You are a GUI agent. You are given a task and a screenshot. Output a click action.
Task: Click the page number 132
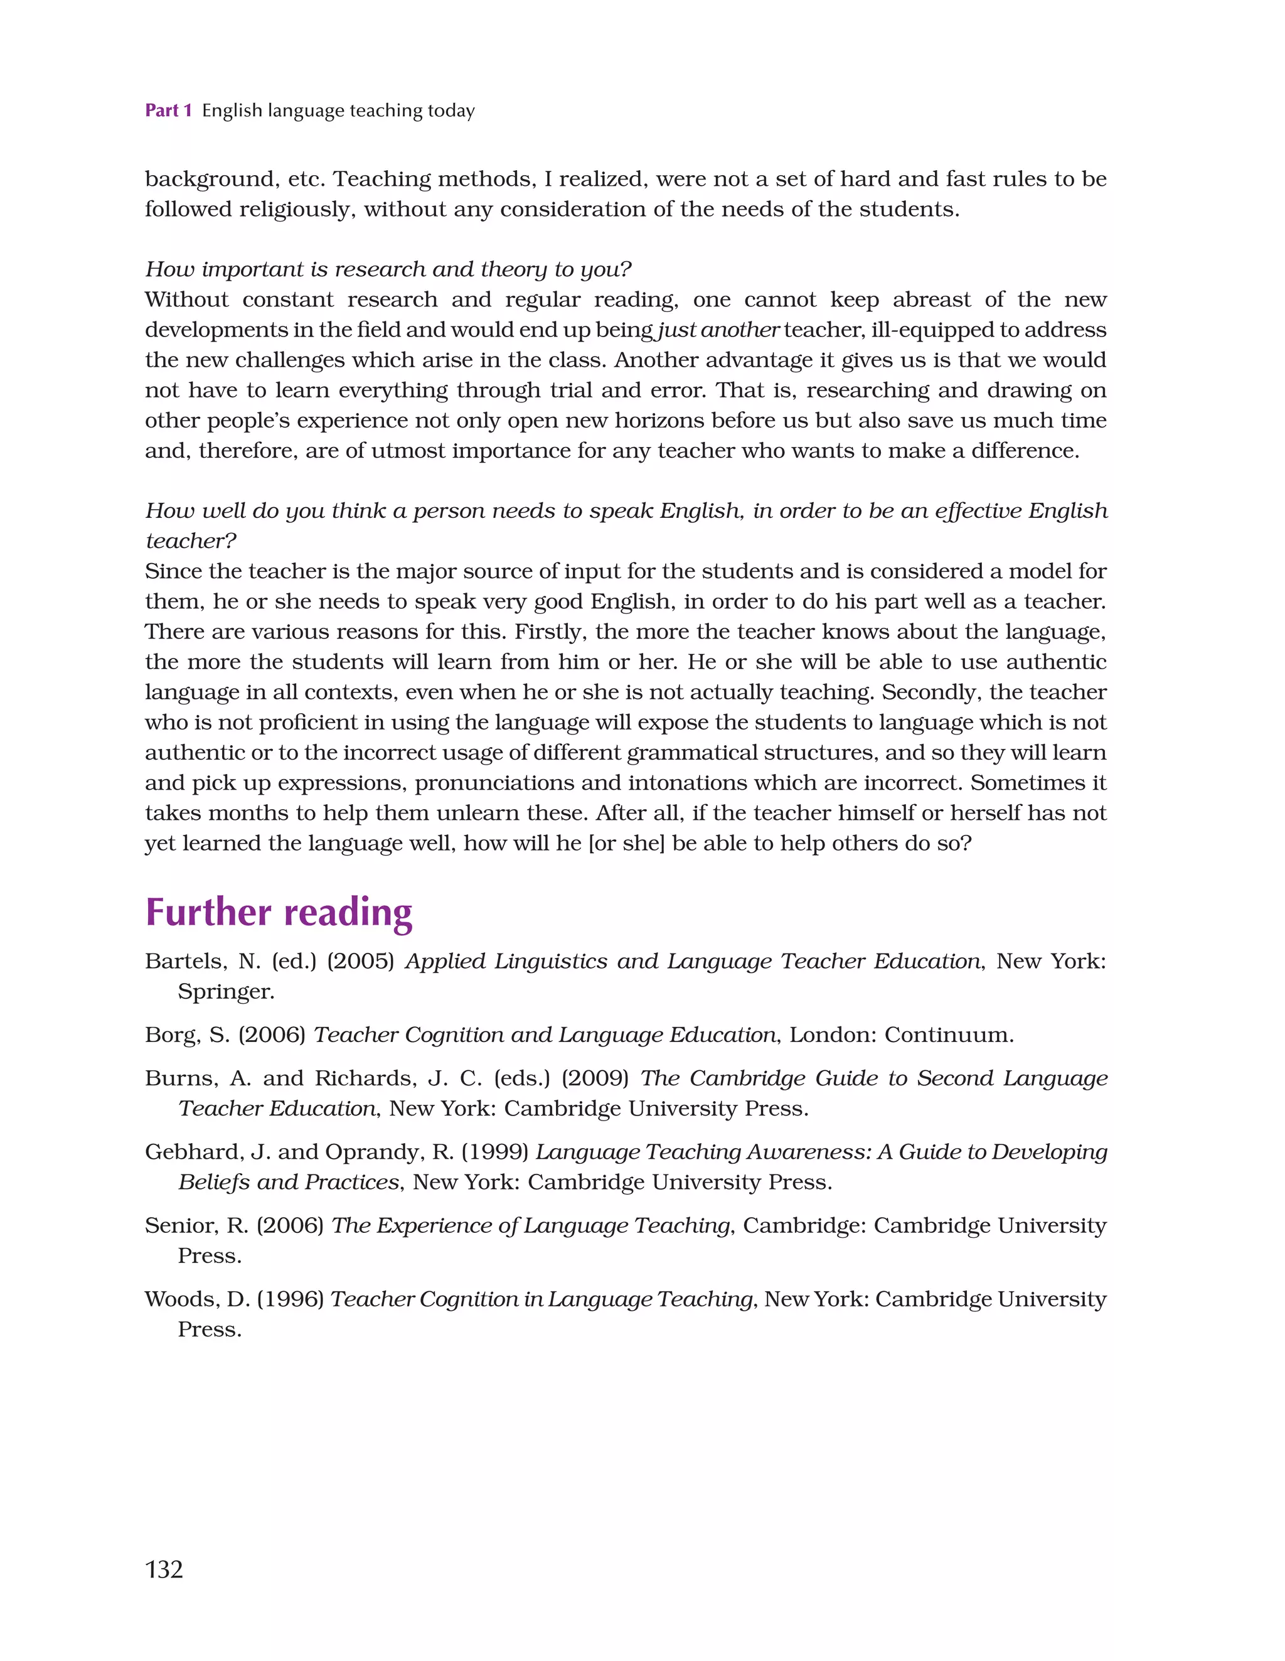point(164,1569)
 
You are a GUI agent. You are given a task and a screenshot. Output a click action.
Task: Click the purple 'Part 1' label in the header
point(168,110)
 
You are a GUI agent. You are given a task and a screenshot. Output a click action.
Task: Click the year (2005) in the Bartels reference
point(360,961)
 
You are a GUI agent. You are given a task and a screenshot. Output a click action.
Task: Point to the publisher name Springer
point(225,992)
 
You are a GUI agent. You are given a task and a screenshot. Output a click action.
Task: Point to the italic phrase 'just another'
point(718,330)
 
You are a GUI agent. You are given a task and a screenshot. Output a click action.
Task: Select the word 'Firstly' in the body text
point(550,632)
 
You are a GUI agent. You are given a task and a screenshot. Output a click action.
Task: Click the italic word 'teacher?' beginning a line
point(191,540)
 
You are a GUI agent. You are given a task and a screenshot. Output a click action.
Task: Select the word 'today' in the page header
point(451,110)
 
